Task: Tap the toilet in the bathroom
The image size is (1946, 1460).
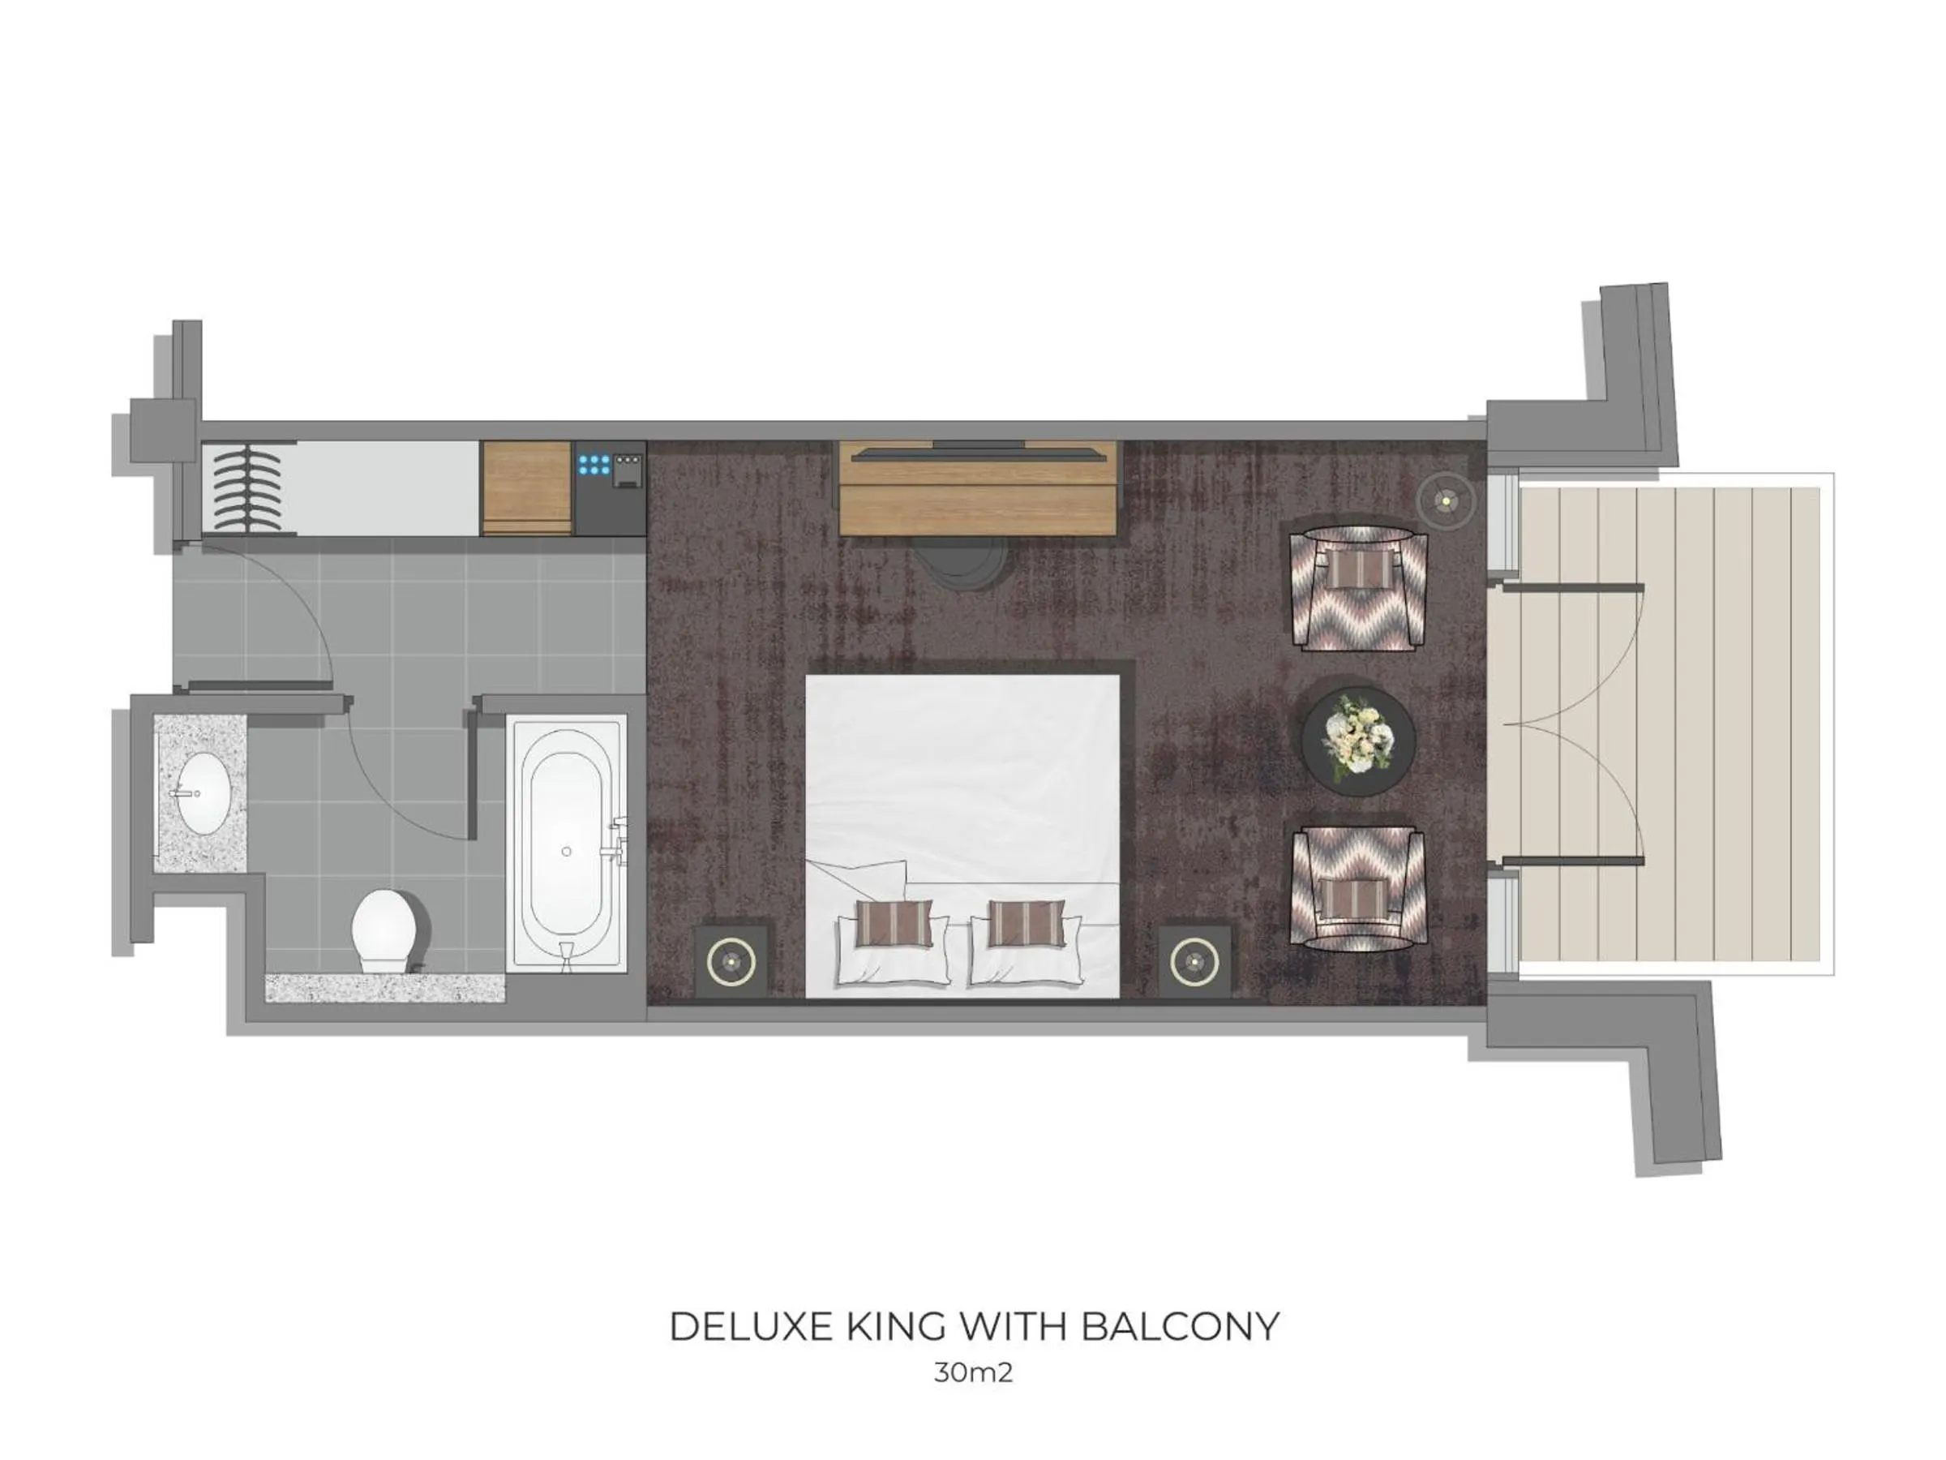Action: pyautogui.click(x=384, y=930)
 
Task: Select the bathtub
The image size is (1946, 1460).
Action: pyautogui.click(x=567, y=842)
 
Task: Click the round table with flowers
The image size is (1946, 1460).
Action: pyautogui.click(x=1357, y=742)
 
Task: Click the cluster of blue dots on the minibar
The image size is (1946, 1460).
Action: pyautogui.click(x=594, y=465)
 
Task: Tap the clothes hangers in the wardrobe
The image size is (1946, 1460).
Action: pyautogui.click(x=248, y=487)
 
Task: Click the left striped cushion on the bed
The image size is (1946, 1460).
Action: pyautogui.click(x=894, y=922)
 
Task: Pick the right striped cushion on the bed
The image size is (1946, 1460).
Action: pyautogui.click(x=1026, y=922)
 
